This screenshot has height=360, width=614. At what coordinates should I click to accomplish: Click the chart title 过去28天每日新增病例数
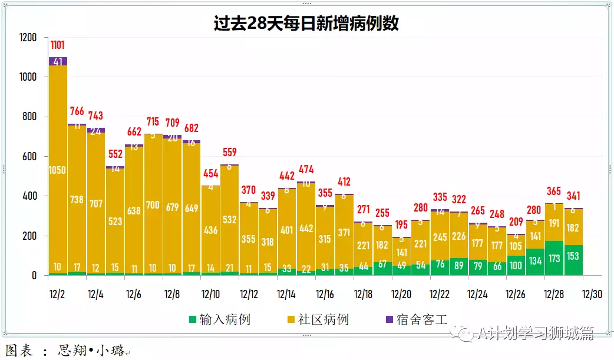306,23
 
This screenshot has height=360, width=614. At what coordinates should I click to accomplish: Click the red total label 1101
58,45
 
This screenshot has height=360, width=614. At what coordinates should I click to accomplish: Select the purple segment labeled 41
58,61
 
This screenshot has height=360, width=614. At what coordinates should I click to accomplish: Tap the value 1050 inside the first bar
58,170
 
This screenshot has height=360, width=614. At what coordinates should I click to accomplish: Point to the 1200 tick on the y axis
28,38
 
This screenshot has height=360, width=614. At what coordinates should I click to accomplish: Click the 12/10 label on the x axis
210,293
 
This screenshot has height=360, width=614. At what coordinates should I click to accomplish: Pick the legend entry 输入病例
219,320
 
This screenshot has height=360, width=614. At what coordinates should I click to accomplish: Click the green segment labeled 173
554,259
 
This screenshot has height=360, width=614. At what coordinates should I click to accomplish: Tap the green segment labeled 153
573,260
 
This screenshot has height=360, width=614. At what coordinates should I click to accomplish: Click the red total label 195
401,226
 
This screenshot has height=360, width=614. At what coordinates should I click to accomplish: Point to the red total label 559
230,153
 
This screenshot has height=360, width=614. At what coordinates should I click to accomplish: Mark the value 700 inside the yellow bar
153,205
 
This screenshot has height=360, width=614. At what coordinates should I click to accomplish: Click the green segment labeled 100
516,266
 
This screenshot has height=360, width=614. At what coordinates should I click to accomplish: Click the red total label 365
554,191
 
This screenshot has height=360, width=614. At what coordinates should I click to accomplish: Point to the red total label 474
306,170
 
